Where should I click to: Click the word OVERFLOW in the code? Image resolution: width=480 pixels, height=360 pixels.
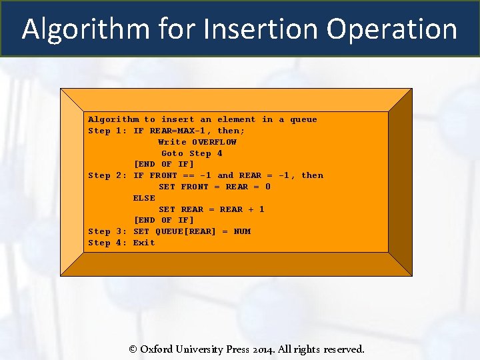click(214, 142)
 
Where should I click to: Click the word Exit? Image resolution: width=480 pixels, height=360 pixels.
click(144, 243)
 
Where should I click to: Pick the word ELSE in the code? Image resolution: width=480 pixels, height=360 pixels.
click(144, 198)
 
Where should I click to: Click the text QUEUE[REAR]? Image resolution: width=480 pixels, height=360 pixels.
click(186, 231)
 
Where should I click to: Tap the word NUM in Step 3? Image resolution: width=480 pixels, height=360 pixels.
click(242, 231)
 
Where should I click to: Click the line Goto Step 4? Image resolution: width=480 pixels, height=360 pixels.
click(192, 153)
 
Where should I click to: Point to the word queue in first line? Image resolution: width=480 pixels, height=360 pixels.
click(303, 119)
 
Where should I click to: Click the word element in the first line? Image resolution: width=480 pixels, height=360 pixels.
click(236, 119)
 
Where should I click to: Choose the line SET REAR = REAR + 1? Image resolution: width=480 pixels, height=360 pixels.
click(211, 209)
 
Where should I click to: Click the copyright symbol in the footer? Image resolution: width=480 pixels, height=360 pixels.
click(133, 349)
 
